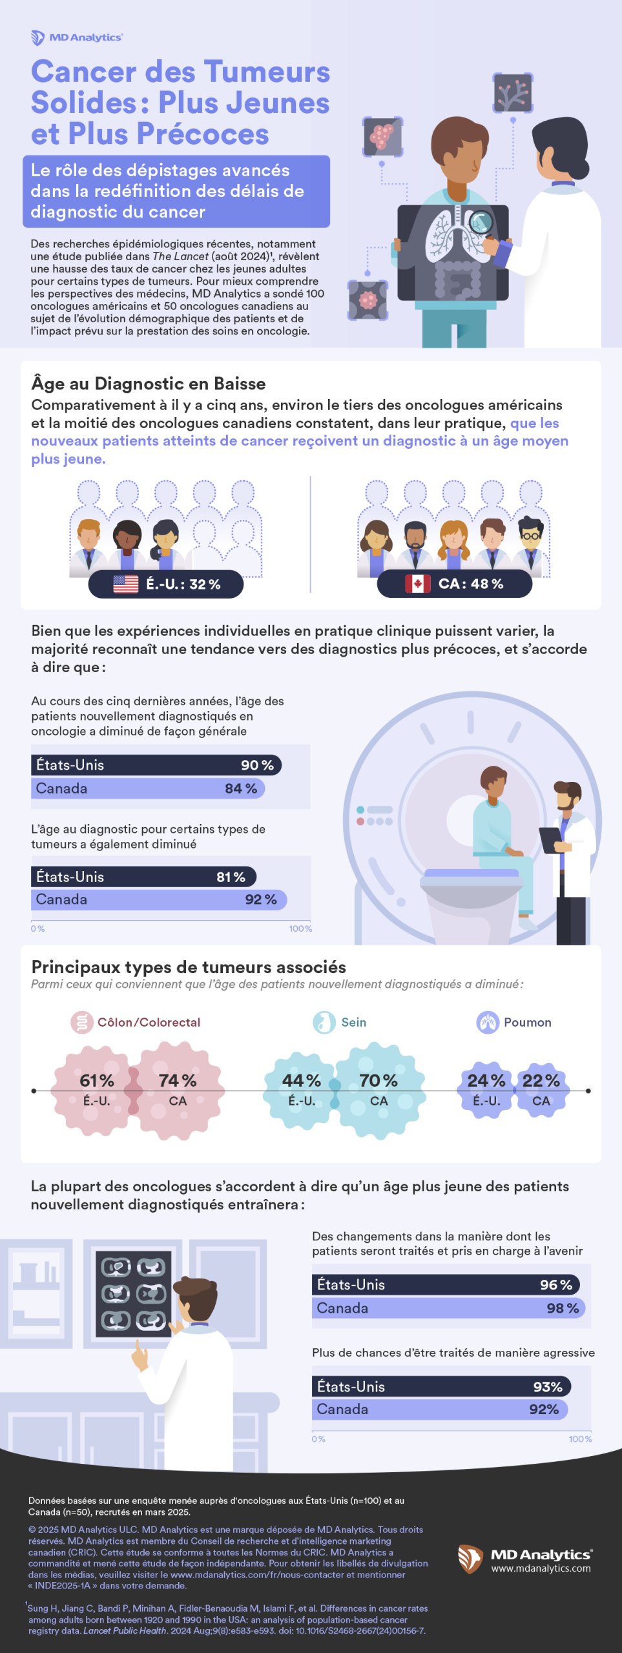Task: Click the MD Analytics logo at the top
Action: (77, 37)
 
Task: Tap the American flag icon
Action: (125, 584)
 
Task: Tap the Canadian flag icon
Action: (417, 584)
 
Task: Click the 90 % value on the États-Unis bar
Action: (257, 765)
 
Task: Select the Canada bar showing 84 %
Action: (148, 788)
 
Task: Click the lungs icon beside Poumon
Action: (488, 1022)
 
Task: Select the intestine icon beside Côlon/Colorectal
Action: (81, 1022)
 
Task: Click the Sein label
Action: (353, 1022)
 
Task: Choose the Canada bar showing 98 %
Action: (448, 1308)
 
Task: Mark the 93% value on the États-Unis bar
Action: (548, 1387)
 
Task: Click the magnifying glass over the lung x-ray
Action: (480, 223)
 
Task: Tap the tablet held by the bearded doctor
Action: (551, 839)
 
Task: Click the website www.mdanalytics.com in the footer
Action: (541, 1568)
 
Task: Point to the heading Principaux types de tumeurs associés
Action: (189, 967)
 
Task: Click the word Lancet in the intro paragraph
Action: (191, 256)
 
